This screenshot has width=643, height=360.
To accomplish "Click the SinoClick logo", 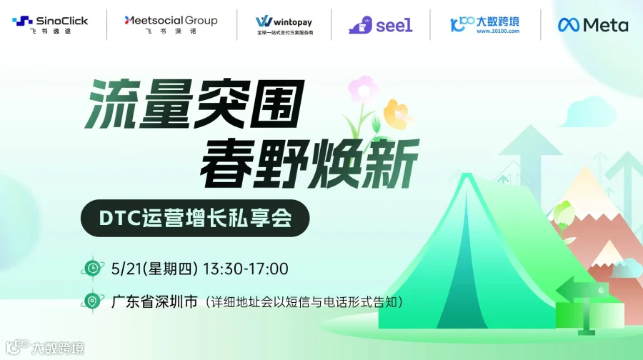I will click(50, 24).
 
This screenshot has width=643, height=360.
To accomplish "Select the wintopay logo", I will click(284, 24).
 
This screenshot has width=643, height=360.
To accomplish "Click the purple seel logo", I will click(380, 25).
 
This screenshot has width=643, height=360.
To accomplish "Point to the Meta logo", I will click(593, 25).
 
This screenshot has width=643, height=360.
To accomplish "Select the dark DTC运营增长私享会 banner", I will click(195, 218).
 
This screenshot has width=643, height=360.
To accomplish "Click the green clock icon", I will click(92, 269).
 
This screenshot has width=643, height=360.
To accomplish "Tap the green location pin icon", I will click(92, 301).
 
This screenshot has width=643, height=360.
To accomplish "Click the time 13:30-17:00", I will click(246, 269).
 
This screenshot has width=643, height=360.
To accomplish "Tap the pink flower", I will click(363, 91).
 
